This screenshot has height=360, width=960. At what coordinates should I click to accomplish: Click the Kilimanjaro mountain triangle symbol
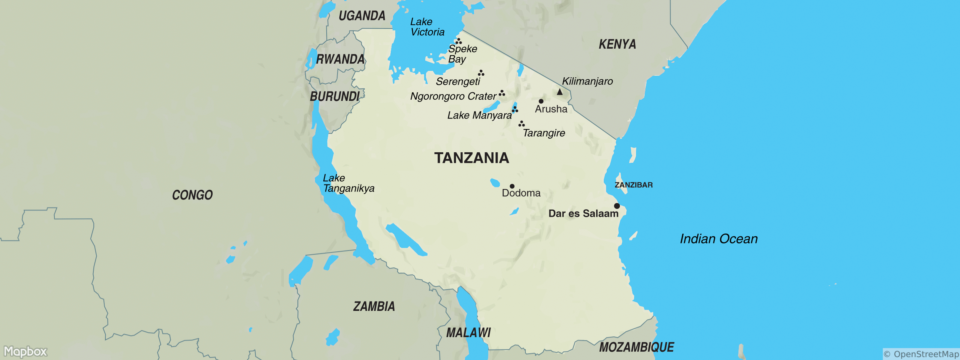pyautogui.click(x=559, y=92)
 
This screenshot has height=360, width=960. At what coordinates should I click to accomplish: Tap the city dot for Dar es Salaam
pyautogui.click(x=617, y=206)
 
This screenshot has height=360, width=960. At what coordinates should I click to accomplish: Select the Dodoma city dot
pyautogui.click(x=512, y=186)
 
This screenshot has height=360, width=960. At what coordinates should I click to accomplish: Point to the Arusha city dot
pyautogui.click(x=541, y=101)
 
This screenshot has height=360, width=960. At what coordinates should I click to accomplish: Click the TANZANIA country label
pyautogui.click(x=471, y=158)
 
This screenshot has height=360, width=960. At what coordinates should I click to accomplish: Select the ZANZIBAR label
pyautogui.click(x=634, y=185)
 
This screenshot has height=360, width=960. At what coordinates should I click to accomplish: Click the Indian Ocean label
pyautogui.click(x=718, y=239)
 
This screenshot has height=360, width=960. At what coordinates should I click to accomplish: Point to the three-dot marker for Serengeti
pyautogui.click(x=481, y=73)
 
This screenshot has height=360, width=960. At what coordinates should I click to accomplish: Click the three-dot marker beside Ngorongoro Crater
pyautogui.click(x=502, y=93)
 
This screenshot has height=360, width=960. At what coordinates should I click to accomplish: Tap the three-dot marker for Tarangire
pyautogui.click(x=521, y=124)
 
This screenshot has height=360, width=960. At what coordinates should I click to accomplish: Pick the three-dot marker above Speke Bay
pyautogui.click(x=458, y=41)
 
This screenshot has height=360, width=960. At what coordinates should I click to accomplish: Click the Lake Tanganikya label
pyautogui.click(x=348, y=183)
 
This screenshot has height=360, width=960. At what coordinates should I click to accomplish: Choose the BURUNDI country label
pyautogui.click(x=335, y=97)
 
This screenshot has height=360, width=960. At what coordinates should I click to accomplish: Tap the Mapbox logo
pyautogui.click(x=25, y=351)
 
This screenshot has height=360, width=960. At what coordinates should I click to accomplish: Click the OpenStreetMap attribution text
pyautogui.click(x=921, y=354)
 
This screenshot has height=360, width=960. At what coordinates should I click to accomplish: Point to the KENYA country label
pyautogui.click(x=617, y=44)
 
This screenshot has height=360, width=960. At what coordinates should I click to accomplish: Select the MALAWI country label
pyautogui.click(x=468, y=332)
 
